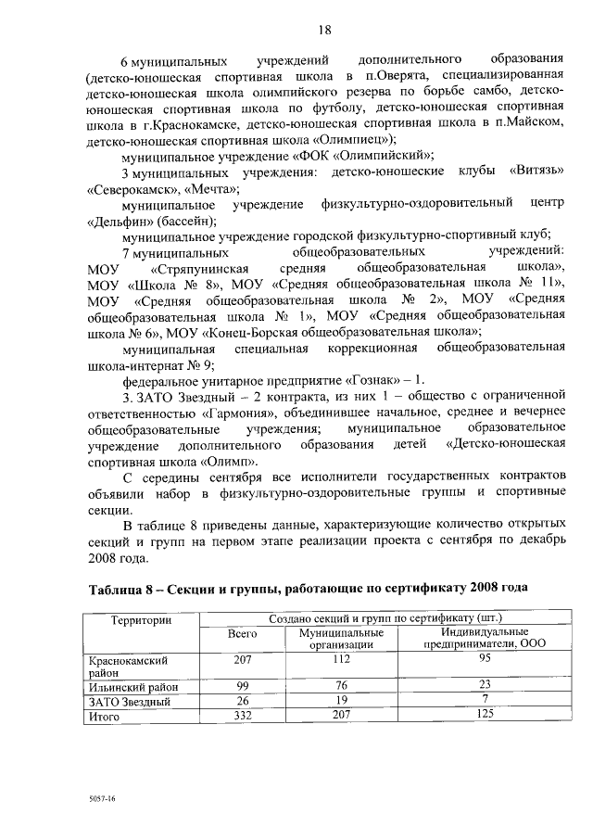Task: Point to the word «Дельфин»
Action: [119, 221]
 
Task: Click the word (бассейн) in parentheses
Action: [185, 221]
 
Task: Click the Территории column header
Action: [141, 618]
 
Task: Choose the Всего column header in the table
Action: [242, 634]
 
